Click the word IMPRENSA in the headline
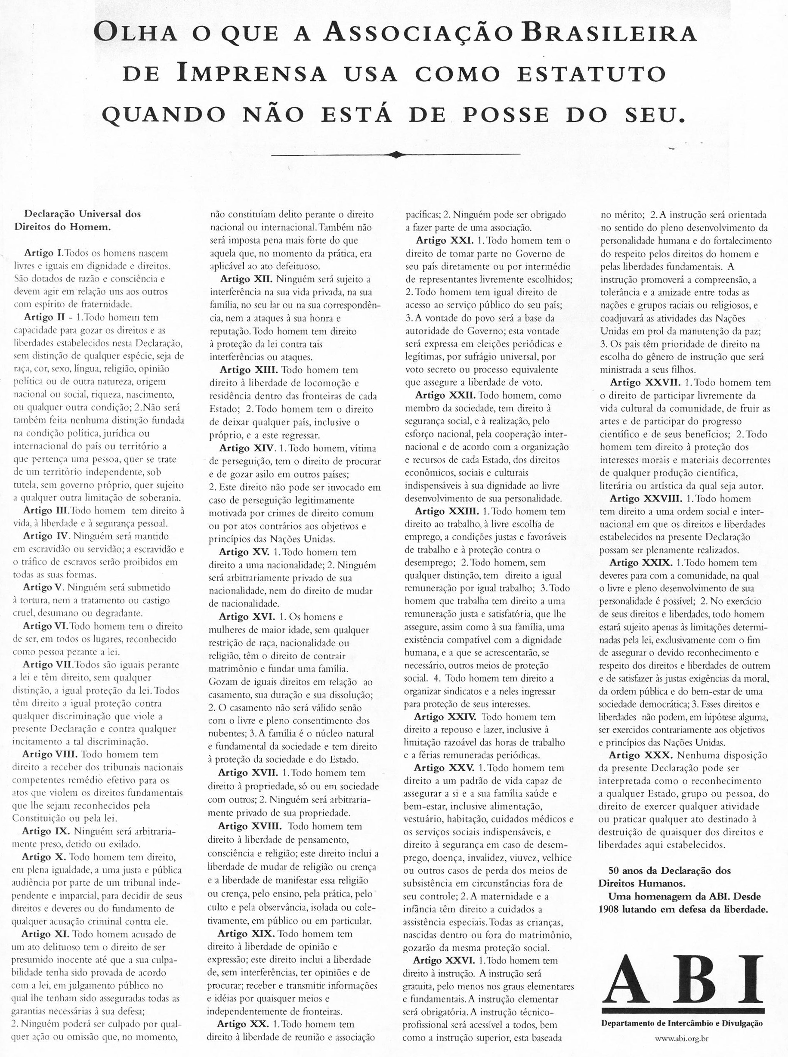(x=252, y=74)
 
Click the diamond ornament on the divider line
(x=396, y=154)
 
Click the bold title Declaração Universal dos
(x=83, y=214)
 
